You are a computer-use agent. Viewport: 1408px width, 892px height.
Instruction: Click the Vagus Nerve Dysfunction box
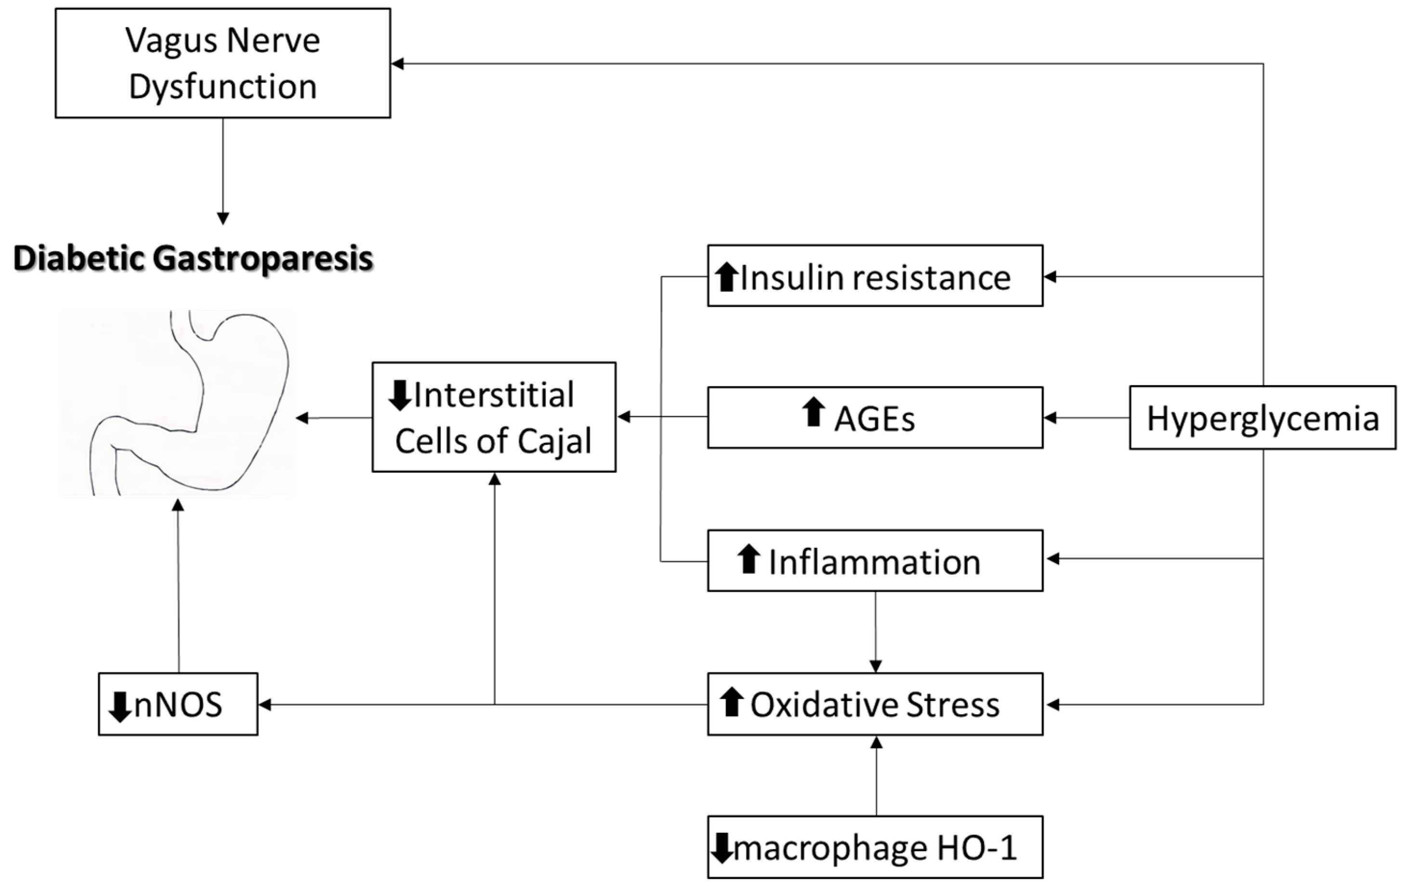pos(223,63)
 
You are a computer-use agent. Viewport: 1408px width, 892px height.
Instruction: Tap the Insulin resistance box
pos(875,276)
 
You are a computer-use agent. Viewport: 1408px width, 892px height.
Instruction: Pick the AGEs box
pos(875,417)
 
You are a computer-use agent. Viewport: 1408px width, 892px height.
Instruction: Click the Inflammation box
pos(875,560)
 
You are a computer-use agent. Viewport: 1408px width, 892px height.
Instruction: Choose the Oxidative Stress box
pos(875,704)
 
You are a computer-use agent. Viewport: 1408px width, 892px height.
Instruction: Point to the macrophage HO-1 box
pos(875,847)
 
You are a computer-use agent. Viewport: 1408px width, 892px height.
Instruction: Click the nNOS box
pos(178,704)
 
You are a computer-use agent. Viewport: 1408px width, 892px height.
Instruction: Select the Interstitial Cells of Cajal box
pos(494,417)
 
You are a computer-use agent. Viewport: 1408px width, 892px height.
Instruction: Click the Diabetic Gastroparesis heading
pos(193,259)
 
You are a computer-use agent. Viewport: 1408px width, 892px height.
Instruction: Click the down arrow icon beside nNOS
pos(120,707)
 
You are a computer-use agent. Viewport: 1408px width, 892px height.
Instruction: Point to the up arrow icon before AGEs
pos(813,412)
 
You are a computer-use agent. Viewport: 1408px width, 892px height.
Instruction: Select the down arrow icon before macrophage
pos(721,848)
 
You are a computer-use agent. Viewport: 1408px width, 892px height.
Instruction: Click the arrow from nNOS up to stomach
pos(178,584)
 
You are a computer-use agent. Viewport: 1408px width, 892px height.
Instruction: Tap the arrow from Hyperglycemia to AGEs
pos(1086,418)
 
